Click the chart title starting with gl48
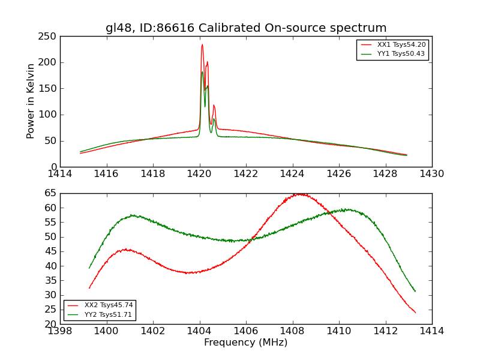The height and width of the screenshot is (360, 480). [x=246, y=28]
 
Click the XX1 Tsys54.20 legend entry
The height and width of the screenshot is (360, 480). [x=401, y=45]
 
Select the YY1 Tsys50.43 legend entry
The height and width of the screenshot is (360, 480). [x=401, y=54]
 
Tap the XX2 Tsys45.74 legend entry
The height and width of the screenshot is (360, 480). [x=108, y=305]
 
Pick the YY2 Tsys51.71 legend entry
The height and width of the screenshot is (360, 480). [x=108, y=314]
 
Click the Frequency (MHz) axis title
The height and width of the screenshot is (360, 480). [x=246, y=343]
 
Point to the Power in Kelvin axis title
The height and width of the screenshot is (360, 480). [x=31, y=101]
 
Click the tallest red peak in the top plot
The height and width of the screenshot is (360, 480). [x=202, y=44]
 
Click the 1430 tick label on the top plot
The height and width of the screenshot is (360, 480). [x=432, y=174]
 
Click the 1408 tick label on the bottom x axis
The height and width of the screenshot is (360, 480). [x=292, y=331]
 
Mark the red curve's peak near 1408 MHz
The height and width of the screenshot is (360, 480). [x=298, y=194]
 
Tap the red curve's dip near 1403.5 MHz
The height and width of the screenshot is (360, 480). [x=188, y=273]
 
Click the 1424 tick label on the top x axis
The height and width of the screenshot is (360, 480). [x=293, y=174]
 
